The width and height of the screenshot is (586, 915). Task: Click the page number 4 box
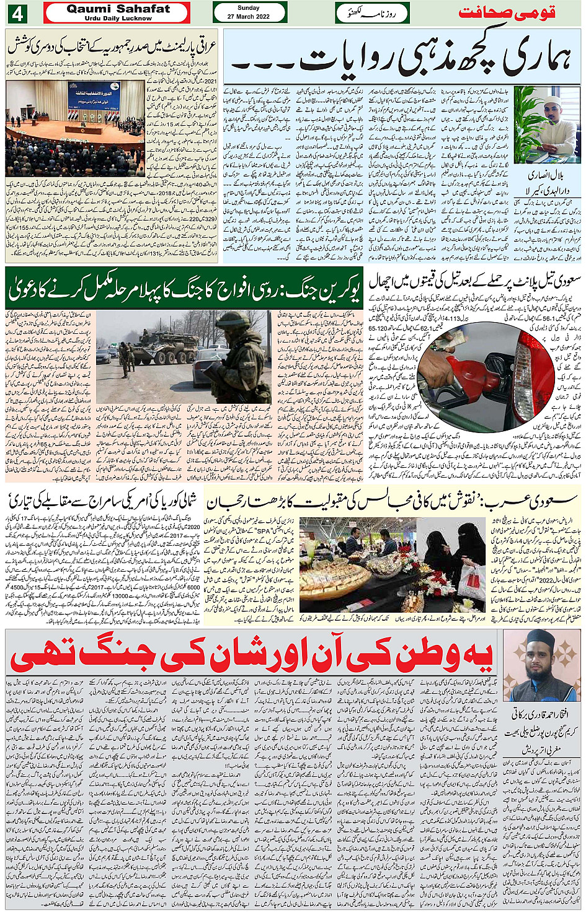coord(17,13)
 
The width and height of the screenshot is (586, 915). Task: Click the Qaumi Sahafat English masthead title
coord(118,9)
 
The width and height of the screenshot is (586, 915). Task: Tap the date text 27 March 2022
coord(248,17)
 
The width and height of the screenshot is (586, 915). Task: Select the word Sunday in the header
coord(249,8)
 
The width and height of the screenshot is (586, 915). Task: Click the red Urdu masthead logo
coord(506,12)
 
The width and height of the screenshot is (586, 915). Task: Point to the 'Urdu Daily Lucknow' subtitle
coord(118,19)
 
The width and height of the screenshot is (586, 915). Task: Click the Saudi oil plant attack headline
coord(474,282)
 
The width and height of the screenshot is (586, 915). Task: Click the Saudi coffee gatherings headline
coord(391,501)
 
